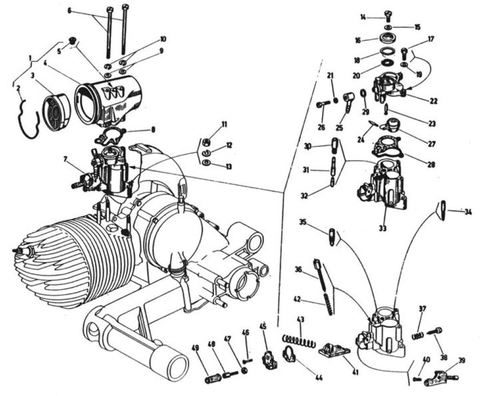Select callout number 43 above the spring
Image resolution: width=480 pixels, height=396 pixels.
pos(301,320)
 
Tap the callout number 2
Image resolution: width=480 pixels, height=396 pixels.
pos(18,87)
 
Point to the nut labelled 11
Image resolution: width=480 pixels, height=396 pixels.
pos(207,142)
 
